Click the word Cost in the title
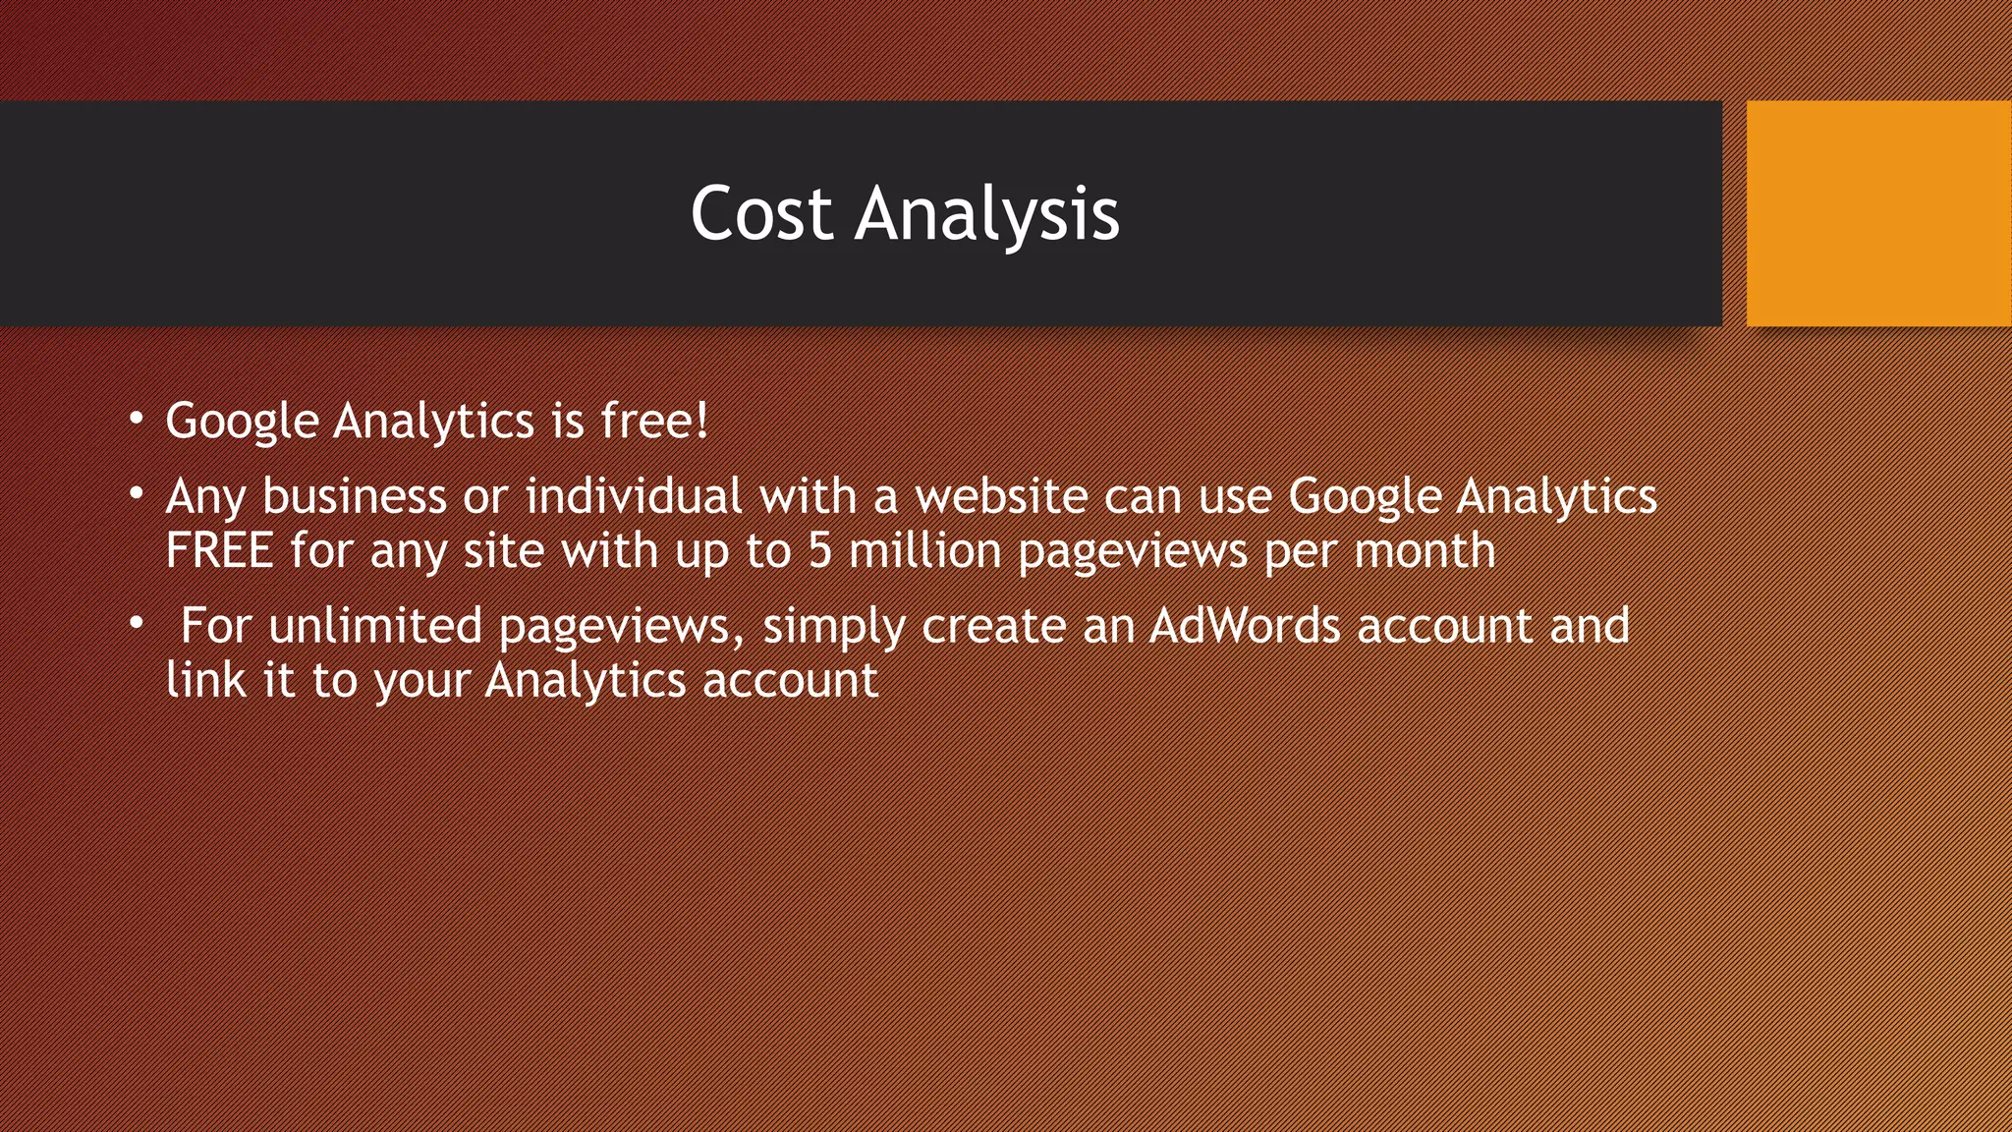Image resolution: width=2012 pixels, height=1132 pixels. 761,213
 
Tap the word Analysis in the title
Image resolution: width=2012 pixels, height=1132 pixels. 986,213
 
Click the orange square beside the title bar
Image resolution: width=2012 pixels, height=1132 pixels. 1878,213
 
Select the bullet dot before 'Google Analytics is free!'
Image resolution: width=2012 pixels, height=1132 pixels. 138,420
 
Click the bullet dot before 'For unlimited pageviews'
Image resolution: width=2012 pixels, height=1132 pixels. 138,624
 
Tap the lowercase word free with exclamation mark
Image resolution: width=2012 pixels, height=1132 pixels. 654,421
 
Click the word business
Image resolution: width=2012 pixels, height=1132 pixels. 355,495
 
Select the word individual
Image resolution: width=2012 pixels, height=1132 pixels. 634,495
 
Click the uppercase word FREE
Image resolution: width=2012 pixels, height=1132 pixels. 219,550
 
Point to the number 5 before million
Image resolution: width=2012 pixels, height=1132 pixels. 820,550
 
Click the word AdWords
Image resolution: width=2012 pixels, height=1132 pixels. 1245,626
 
